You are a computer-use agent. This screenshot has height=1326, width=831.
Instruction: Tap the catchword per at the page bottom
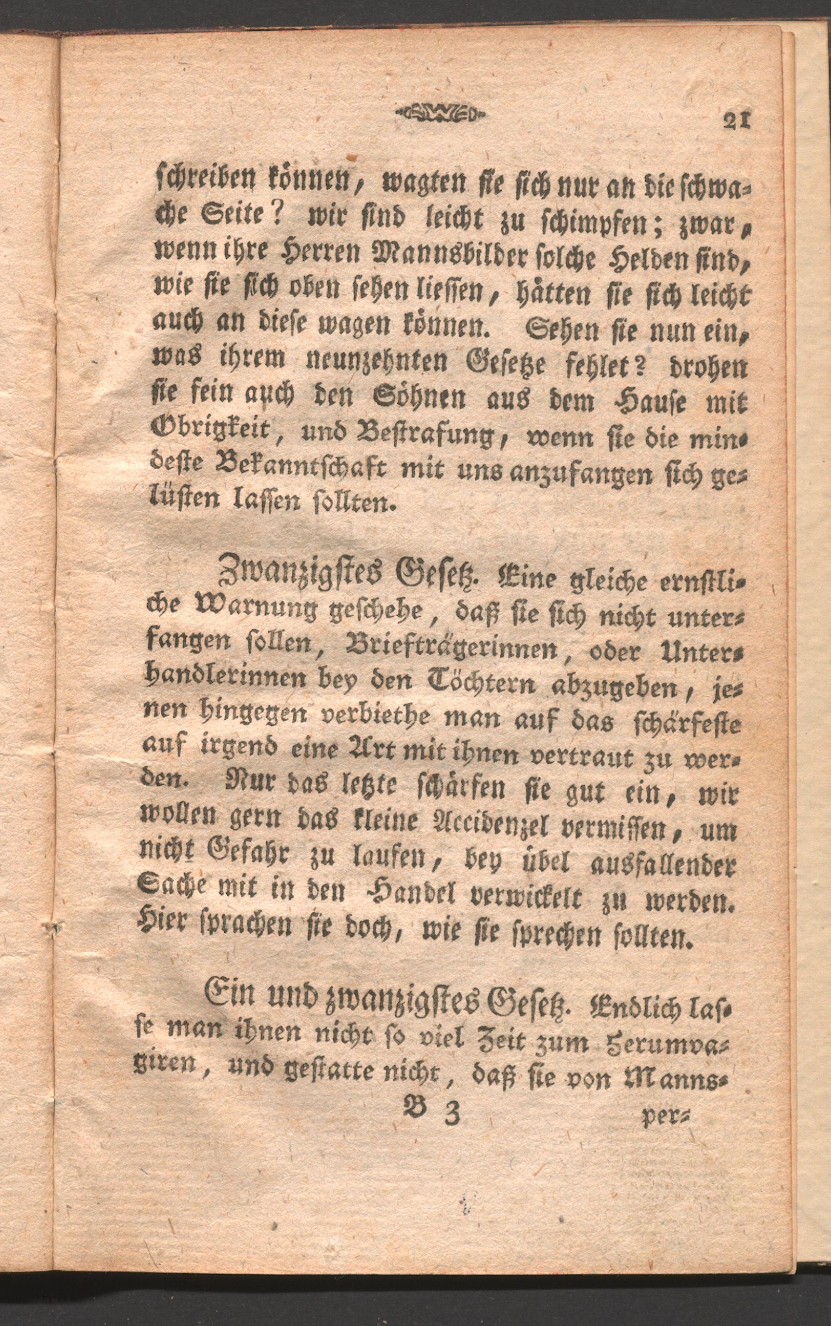click(x=667, y=1115)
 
